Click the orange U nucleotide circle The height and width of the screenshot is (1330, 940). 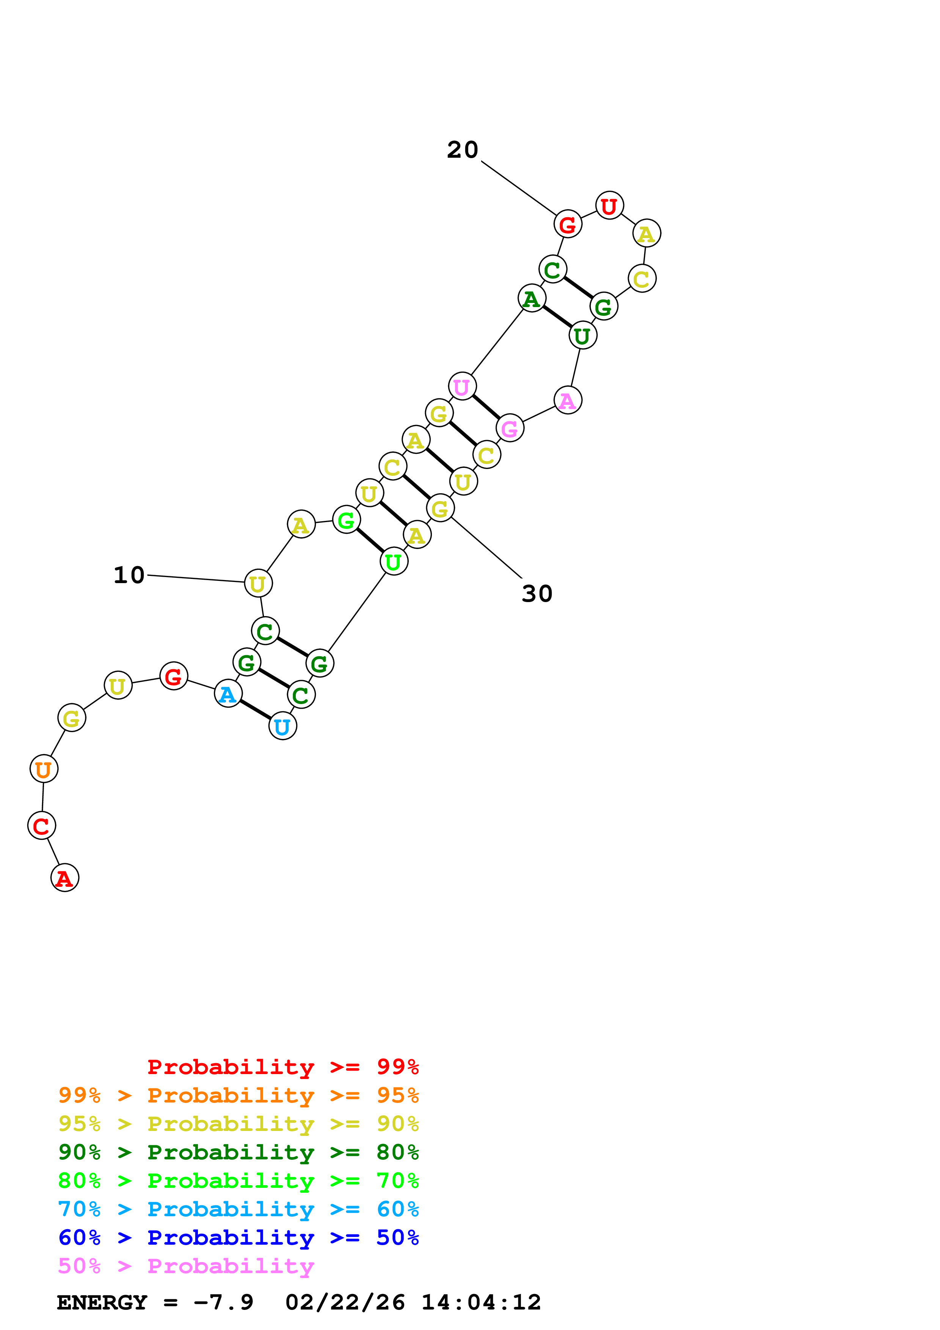pos(44,769)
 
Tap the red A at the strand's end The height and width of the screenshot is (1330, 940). pos(64,878)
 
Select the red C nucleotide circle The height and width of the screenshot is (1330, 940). pos(41,825)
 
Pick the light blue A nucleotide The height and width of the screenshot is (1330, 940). pos(228,693)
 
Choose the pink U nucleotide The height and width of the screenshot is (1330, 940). pos(461,386)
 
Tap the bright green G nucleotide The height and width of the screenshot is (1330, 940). pos(346,520)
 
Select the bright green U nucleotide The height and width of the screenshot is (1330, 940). pos(393,561)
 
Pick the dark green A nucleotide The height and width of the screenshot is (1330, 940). pos(531,298)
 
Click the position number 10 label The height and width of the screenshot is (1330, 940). pos(129,575)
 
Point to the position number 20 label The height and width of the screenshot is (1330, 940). pos(462,150)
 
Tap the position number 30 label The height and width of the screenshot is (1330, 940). pos(537,594)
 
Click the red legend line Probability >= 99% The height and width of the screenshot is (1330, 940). pos(282,1067)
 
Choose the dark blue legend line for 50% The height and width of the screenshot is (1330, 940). pos(238,1238)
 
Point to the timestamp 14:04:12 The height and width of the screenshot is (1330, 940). pos(481,1303)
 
